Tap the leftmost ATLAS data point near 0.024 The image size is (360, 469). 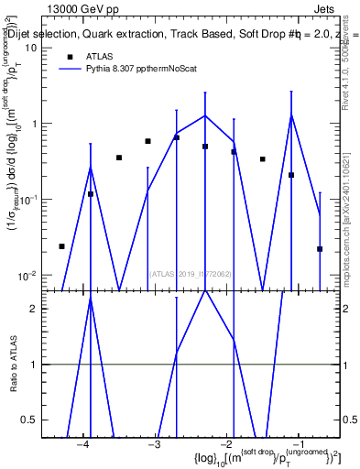61,246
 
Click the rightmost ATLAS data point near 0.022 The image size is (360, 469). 320,249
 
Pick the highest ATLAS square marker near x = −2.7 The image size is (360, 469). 177,137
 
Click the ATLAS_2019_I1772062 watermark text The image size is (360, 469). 190,273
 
